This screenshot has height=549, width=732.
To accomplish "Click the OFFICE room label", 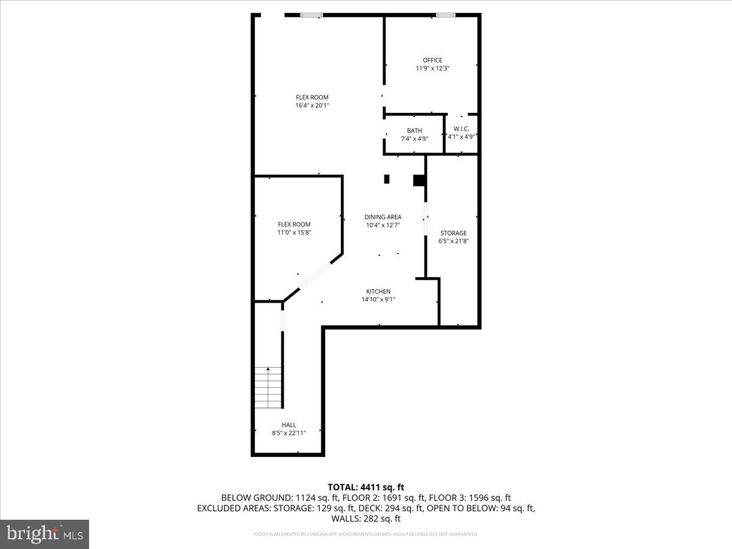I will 432,60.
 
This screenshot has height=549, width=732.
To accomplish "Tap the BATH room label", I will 414,131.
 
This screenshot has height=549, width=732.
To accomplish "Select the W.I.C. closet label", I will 461,129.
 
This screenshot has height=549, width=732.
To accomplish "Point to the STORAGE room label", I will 453,233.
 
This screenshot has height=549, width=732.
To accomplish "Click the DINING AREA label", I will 382,217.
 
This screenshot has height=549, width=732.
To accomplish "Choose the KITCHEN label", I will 378,292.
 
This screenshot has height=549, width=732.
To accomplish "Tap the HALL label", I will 289,425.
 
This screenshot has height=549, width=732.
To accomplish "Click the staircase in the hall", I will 268,388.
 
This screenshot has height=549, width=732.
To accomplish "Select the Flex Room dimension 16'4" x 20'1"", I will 312,106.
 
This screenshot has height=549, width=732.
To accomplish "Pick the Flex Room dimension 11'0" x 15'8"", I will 295,232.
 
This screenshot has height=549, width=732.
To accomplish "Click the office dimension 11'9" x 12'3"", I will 432,68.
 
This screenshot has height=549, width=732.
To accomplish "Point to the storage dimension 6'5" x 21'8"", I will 453,241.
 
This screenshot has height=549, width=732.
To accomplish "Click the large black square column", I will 419,180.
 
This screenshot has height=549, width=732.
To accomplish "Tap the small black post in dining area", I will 387,179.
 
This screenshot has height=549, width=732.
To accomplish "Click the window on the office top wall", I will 445,15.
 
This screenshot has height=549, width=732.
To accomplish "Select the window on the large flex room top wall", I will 311,15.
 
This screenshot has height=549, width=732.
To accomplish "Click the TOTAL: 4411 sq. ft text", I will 366,487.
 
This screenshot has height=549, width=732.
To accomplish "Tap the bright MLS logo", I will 45,534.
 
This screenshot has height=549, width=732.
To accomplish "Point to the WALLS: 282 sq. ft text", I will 366,519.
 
